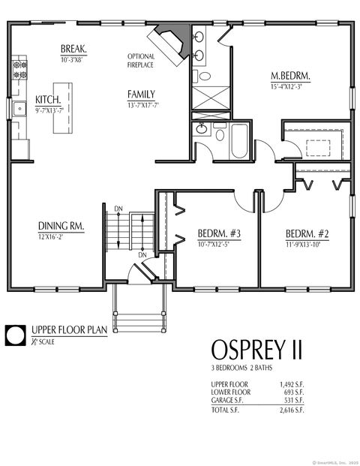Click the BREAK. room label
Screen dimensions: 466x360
[x=73, y=50]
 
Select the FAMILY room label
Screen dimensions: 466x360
[x=141, y=95]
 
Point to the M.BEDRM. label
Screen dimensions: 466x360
[x=291, y=76]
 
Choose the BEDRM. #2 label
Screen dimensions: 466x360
[x=307, y=233]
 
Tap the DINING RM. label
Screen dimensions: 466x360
[x=61, y=226]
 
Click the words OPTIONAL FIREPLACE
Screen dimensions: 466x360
[x=142, y=61]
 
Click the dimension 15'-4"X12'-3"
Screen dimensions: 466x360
[x=291, y=86]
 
